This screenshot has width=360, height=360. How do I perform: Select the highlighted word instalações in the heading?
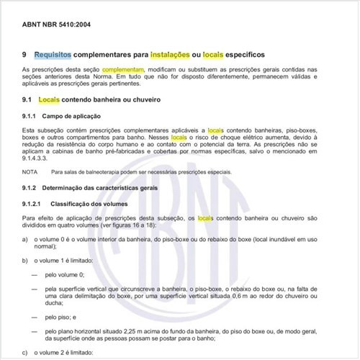171,54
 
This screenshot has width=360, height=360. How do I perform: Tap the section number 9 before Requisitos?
25,54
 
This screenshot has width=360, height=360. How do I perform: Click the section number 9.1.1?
30,116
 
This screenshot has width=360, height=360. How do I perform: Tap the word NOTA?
30,172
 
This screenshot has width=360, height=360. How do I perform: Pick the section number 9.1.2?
30,188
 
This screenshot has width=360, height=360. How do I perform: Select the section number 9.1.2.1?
32,204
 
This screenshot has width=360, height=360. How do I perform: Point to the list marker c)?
26,352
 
